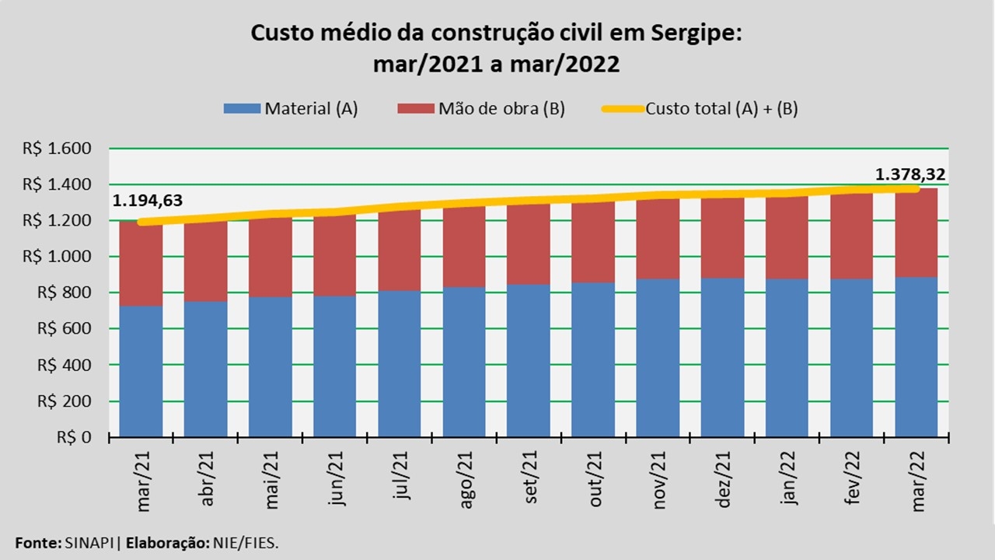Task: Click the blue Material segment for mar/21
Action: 141,371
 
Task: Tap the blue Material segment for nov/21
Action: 658,358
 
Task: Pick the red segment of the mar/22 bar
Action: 916,233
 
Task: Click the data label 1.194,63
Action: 148,201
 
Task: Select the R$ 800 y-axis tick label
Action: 75,293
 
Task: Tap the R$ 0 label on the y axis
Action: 75,437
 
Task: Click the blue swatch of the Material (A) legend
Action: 242,109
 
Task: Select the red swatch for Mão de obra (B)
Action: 416,109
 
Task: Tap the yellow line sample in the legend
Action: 623,109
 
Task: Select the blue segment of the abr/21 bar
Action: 205,369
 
